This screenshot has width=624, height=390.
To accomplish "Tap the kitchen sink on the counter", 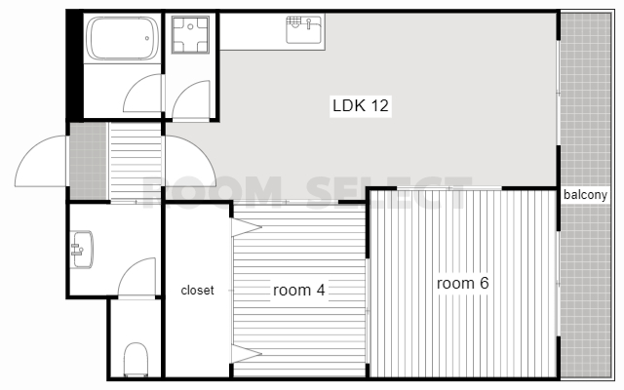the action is point(303,29).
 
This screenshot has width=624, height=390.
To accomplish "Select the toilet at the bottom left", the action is point(136,360).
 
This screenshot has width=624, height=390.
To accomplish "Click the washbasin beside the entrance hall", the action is point(82,250).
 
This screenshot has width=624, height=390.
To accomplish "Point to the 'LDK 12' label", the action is point(361,106).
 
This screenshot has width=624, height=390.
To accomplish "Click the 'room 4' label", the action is point(299,290).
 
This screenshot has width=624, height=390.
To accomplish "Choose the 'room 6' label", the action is point(462,283).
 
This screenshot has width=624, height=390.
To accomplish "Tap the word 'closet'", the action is point(197,291).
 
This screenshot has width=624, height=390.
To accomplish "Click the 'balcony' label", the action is point(585,195).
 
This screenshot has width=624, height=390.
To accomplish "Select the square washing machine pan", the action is point(190,35).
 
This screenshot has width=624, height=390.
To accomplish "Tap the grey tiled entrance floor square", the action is point(89,161).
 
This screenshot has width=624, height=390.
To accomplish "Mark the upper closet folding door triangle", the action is point(247,227).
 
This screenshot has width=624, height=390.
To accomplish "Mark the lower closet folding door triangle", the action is point(247,353).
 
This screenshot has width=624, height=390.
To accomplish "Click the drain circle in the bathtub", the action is point(147,38).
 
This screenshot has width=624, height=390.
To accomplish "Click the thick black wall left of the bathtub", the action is point(75,65).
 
